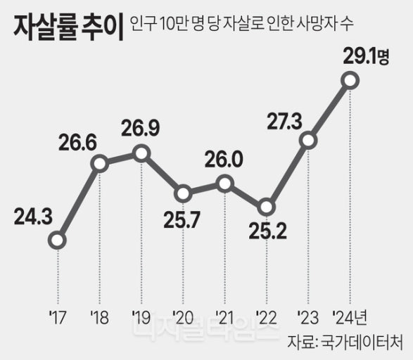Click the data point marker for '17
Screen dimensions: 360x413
tap(58, 241)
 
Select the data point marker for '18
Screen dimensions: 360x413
tap(100, 164)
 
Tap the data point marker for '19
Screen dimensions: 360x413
tap(141, 153)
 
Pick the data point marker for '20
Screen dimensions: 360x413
tap(183, 193)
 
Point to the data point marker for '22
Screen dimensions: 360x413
tap(266, 207)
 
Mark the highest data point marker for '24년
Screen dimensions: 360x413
tap(350, 82)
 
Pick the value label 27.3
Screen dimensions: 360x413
tap(285, 121)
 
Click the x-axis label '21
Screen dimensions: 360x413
tap(224, 314)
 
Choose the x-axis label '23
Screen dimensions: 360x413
tap(307, 314)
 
